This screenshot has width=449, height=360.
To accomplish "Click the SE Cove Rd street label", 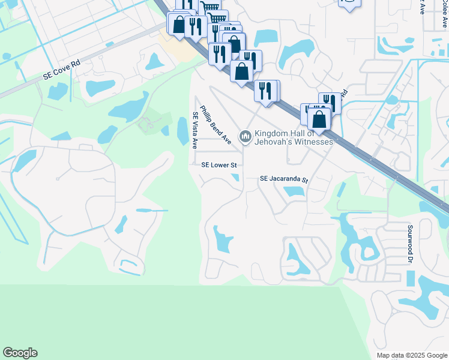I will click(62, 70).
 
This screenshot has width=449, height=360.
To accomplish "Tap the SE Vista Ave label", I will click(194, 130).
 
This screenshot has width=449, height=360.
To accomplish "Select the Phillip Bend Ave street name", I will click(216, 125).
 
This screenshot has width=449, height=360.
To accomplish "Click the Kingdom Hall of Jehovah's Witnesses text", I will click(294, 137).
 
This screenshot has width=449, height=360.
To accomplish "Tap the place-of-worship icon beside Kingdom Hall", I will click(245, 137).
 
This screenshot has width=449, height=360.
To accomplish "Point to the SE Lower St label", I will click(219, 164).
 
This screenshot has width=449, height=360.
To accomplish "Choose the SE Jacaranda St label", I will click(283, 179).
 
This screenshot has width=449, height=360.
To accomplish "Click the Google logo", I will click(20, 353).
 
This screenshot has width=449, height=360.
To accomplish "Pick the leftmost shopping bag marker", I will click(179, 25).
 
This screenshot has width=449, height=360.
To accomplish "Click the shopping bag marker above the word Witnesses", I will click(319, 118).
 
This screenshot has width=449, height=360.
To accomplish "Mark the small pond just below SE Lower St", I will click(235, 176).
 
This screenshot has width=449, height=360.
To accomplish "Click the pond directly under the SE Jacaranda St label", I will click(293, 192).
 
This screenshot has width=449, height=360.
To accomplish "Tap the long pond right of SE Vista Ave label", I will click(182, 131).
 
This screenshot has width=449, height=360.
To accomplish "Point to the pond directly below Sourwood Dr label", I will click(411, 278).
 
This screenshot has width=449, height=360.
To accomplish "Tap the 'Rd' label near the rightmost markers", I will click(345, 95).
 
